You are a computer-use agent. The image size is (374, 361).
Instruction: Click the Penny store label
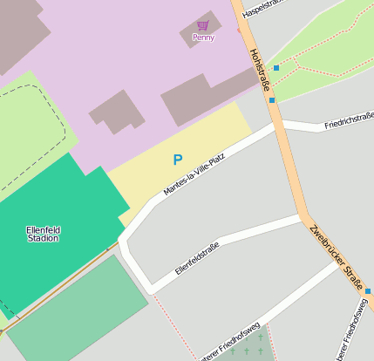point(203,37)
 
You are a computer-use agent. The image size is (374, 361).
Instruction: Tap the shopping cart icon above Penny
point(203,25)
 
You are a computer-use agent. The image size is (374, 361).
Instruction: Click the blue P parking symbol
point(178,160)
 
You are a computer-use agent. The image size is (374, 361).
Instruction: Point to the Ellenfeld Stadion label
point(43,233)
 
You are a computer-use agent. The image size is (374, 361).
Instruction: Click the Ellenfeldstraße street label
point(197,257)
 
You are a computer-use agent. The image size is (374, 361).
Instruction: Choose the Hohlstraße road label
point(258,69)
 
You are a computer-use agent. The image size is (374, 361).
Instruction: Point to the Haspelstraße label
point(264,10)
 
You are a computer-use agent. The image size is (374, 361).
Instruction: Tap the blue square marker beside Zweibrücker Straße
point(368,291)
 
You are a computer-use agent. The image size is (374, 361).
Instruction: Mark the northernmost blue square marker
point(276,67)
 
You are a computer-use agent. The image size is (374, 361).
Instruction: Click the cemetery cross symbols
point(247,351)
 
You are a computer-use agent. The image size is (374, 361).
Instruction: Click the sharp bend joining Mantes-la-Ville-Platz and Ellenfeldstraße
point(125,241)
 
